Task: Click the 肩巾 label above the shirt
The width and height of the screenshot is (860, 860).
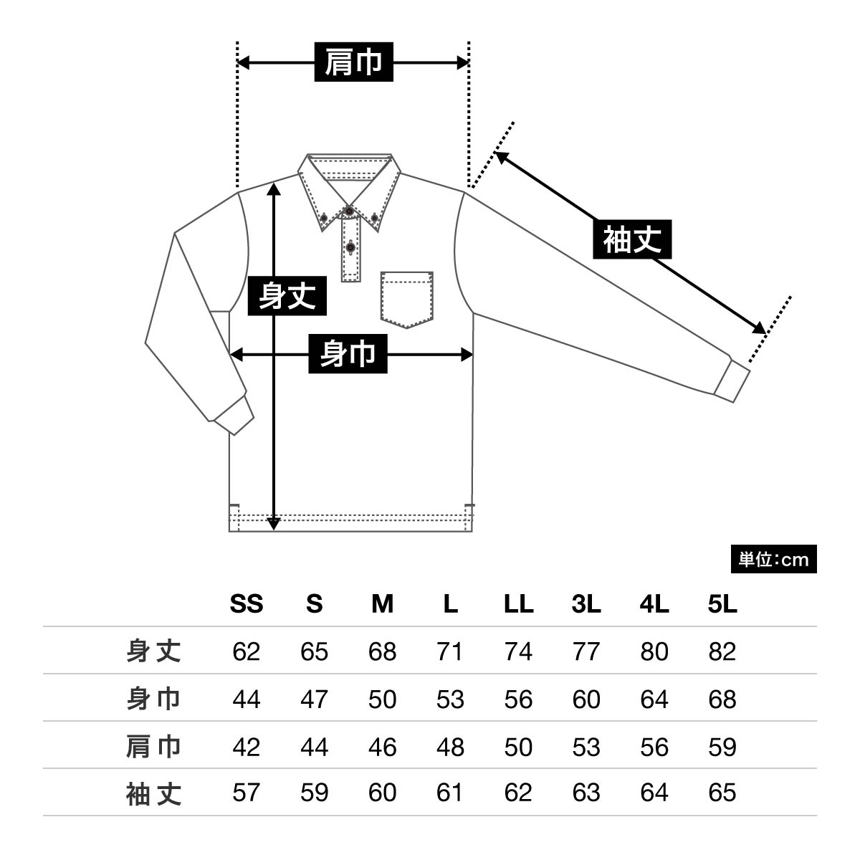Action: (x=353, y=62)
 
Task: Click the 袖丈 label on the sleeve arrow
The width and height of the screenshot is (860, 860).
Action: (x=632, y=239)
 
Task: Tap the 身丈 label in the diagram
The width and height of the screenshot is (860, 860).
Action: (x=287, y=296)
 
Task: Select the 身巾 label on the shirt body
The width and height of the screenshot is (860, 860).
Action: (x=348, y=353)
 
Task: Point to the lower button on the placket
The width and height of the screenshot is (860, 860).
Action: (x=350, y=247)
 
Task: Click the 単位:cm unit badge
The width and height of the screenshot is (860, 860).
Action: (x=773, y=560)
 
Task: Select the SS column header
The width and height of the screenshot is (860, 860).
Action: (x=246, y=604)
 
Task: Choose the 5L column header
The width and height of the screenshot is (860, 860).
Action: (x=722, y=604)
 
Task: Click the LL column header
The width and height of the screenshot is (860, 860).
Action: (x=518, y=604)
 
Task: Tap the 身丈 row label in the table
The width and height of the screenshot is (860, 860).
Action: (x=153, y=651)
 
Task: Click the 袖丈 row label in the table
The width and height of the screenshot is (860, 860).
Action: (x=153, y=793)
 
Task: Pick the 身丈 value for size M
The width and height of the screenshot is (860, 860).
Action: (x=382, y=651)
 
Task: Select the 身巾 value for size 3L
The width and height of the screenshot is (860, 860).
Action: (x=586, y=699)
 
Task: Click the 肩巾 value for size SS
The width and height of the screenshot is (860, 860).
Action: (x=246, y=747)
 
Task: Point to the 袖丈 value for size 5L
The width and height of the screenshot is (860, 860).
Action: (x=722, y=793)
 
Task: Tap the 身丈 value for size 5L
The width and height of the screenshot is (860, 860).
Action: (x=722, y=651)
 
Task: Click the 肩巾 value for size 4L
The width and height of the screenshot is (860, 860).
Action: (x=654, y=747)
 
